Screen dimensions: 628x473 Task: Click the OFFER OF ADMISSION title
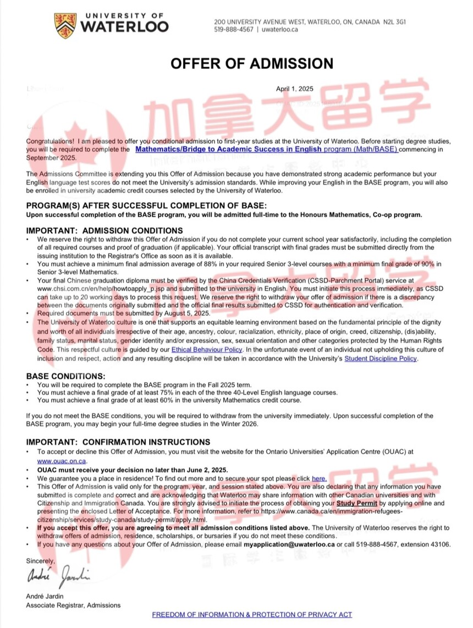pyautogui.click(x=251, y=63)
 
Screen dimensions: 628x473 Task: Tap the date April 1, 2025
pyautogui.click(x=294, y=89)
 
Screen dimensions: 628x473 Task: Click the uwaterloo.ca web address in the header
pyautogui.click(x=280, y=30)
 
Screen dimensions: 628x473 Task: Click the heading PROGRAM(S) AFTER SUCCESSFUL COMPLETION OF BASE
pyautogui.click(x=146, y=206)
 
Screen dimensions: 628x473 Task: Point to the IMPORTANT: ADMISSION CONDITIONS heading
pyautogui.click(x=105, y=231)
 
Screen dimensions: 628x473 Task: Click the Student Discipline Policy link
pyautogui.click(x=381, y=359)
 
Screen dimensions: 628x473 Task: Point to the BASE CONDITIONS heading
pyautogui.click(x=65, y=376)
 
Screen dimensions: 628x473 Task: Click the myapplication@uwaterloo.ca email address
pyautogui.click(x=289, y=544)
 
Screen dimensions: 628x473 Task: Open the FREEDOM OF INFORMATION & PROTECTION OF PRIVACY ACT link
pyautogui.click(x=252, y=614)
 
